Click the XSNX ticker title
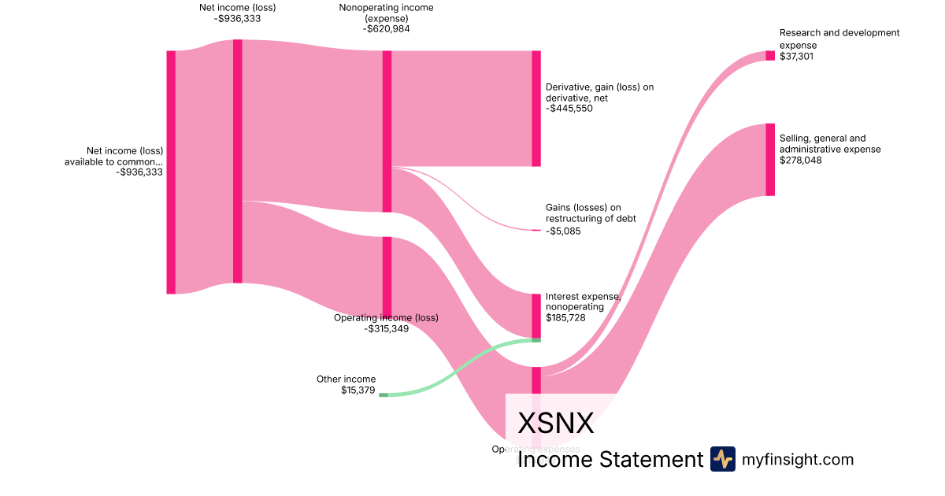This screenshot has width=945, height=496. pyautogui.click(x=555, y=424)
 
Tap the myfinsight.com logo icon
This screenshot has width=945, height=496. pyautogui.click(x=722, y=459)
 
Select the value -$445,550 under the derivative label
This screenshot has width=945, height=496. pyautogui.click(x=569, y=109)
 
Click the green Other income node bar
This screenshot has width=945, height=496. pyautogui.click(x=384, y=394)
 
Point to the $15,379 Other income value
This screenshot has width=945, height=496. pyautogui.click(x=358, y=390)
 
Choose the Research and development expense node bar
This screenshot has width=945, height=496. pyautogui.click(x=770, y=55)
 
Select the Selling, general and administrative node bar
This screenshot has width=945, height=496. pyautogui.click(x=770, y=159)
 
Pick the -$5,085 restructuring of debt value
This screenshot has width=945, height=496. pyautogui.click(x=563, y=231)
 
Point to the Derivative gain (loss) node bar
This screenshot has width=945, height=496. pyautogui.click(x=536, y=108)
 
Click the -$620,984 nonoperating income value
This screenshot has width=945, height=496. pyautogui.click(x=387, y=29)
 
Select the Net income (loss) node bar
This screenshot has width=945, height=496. pyautogui.click(x=237, y=161)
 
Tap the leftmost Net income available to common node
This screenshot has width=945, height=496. pyautogui.click(x=171, y=172)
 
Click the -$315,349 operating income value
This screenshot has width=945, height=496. pyautogui.click(x=387, y=328)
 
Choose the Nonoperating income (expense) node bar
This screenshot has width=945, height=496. pyautogui.click(x=387, y=131)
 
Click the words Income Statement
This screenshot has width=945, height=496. pyautogui.click(x=610, y=459)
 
